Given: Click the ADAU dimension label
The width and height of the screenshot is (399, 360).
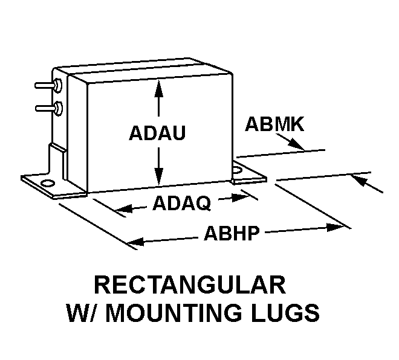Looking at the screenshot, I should [x=157, y=134].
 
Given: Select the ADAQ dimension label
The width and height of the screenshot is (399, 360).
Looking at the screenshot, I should [x=181, y=204].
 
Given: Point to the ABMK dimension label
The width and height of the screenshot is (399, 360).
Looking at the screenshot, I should [x=274, y=125].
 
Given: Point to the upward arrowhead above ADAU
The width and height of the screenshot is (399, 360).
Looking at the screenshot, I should [x=158, y=88].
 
